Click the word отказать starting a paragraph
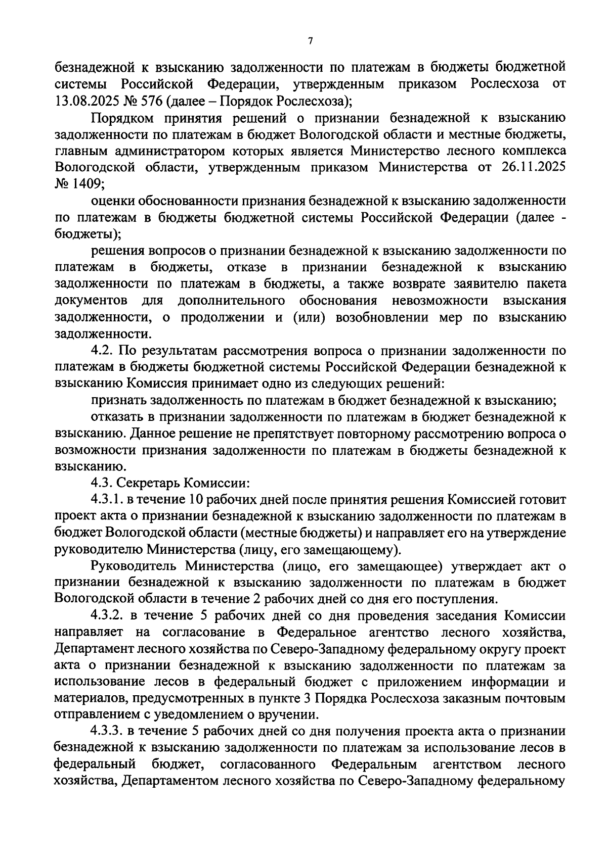pos(118,417)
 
